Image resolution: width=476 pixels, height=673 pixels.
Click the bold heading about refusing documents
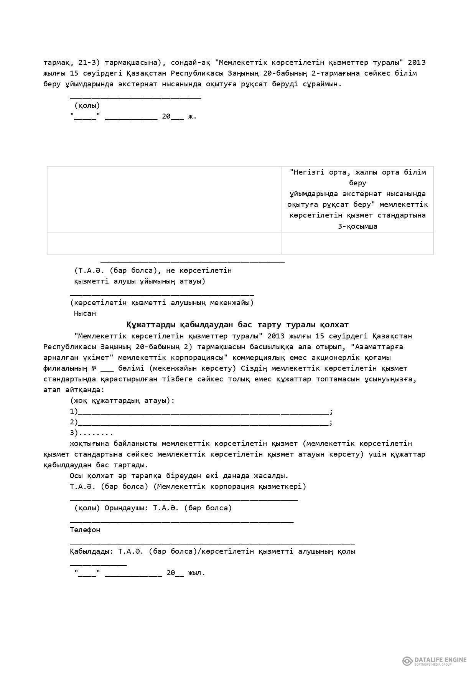pyautogui.click(x=237, y=325)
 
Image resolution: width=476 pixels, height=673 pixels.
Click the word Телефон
pyautogui.click(x=85, y=530)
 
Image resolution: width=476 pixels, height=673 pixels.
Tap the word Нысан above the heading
pyautogui.click(x=85, y=313)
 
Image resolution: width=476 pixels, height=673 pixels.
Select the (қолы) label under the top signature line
pyautogui.click(x=87, y=106)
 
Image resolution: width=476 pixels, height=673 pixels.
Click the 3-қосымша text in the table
pyautogui.click(x=357, y=226)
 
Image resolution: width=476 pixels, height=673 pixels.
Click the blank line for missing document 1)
pyautogui.click(x=203, y=413)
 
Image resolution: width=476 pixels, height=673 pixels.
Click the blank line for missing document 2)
pyautogui.click(x=203, y=424)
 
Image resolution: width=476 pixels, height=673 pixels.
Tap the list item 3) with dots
pyautogui.click(x=91, y=433)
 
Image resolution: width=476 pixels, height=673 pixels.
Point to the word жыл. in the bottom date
pyautogui.click(x=196, y=573)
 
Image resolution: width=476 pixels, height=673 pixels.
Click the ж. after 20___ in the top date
pyautogui.click(x=192, y=116)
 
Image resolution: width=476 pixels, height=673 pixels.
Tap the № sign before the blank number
pyautogui.click(x=94, y=368)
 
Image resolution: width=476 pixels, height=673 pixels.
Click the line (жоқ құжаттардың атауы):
pyautogui.click(x=122, y=401)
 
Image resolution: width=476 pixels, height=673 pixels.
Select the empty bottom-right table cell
pyautogui.click(x=357, y=243)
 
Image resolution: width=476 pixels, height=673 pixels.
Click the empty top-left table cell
pyautogui.click(x=164, y=200)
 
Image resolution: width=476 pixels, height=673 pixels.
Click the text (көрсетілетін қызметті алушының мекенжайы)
pyautogui.click(x=161, y=303)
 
